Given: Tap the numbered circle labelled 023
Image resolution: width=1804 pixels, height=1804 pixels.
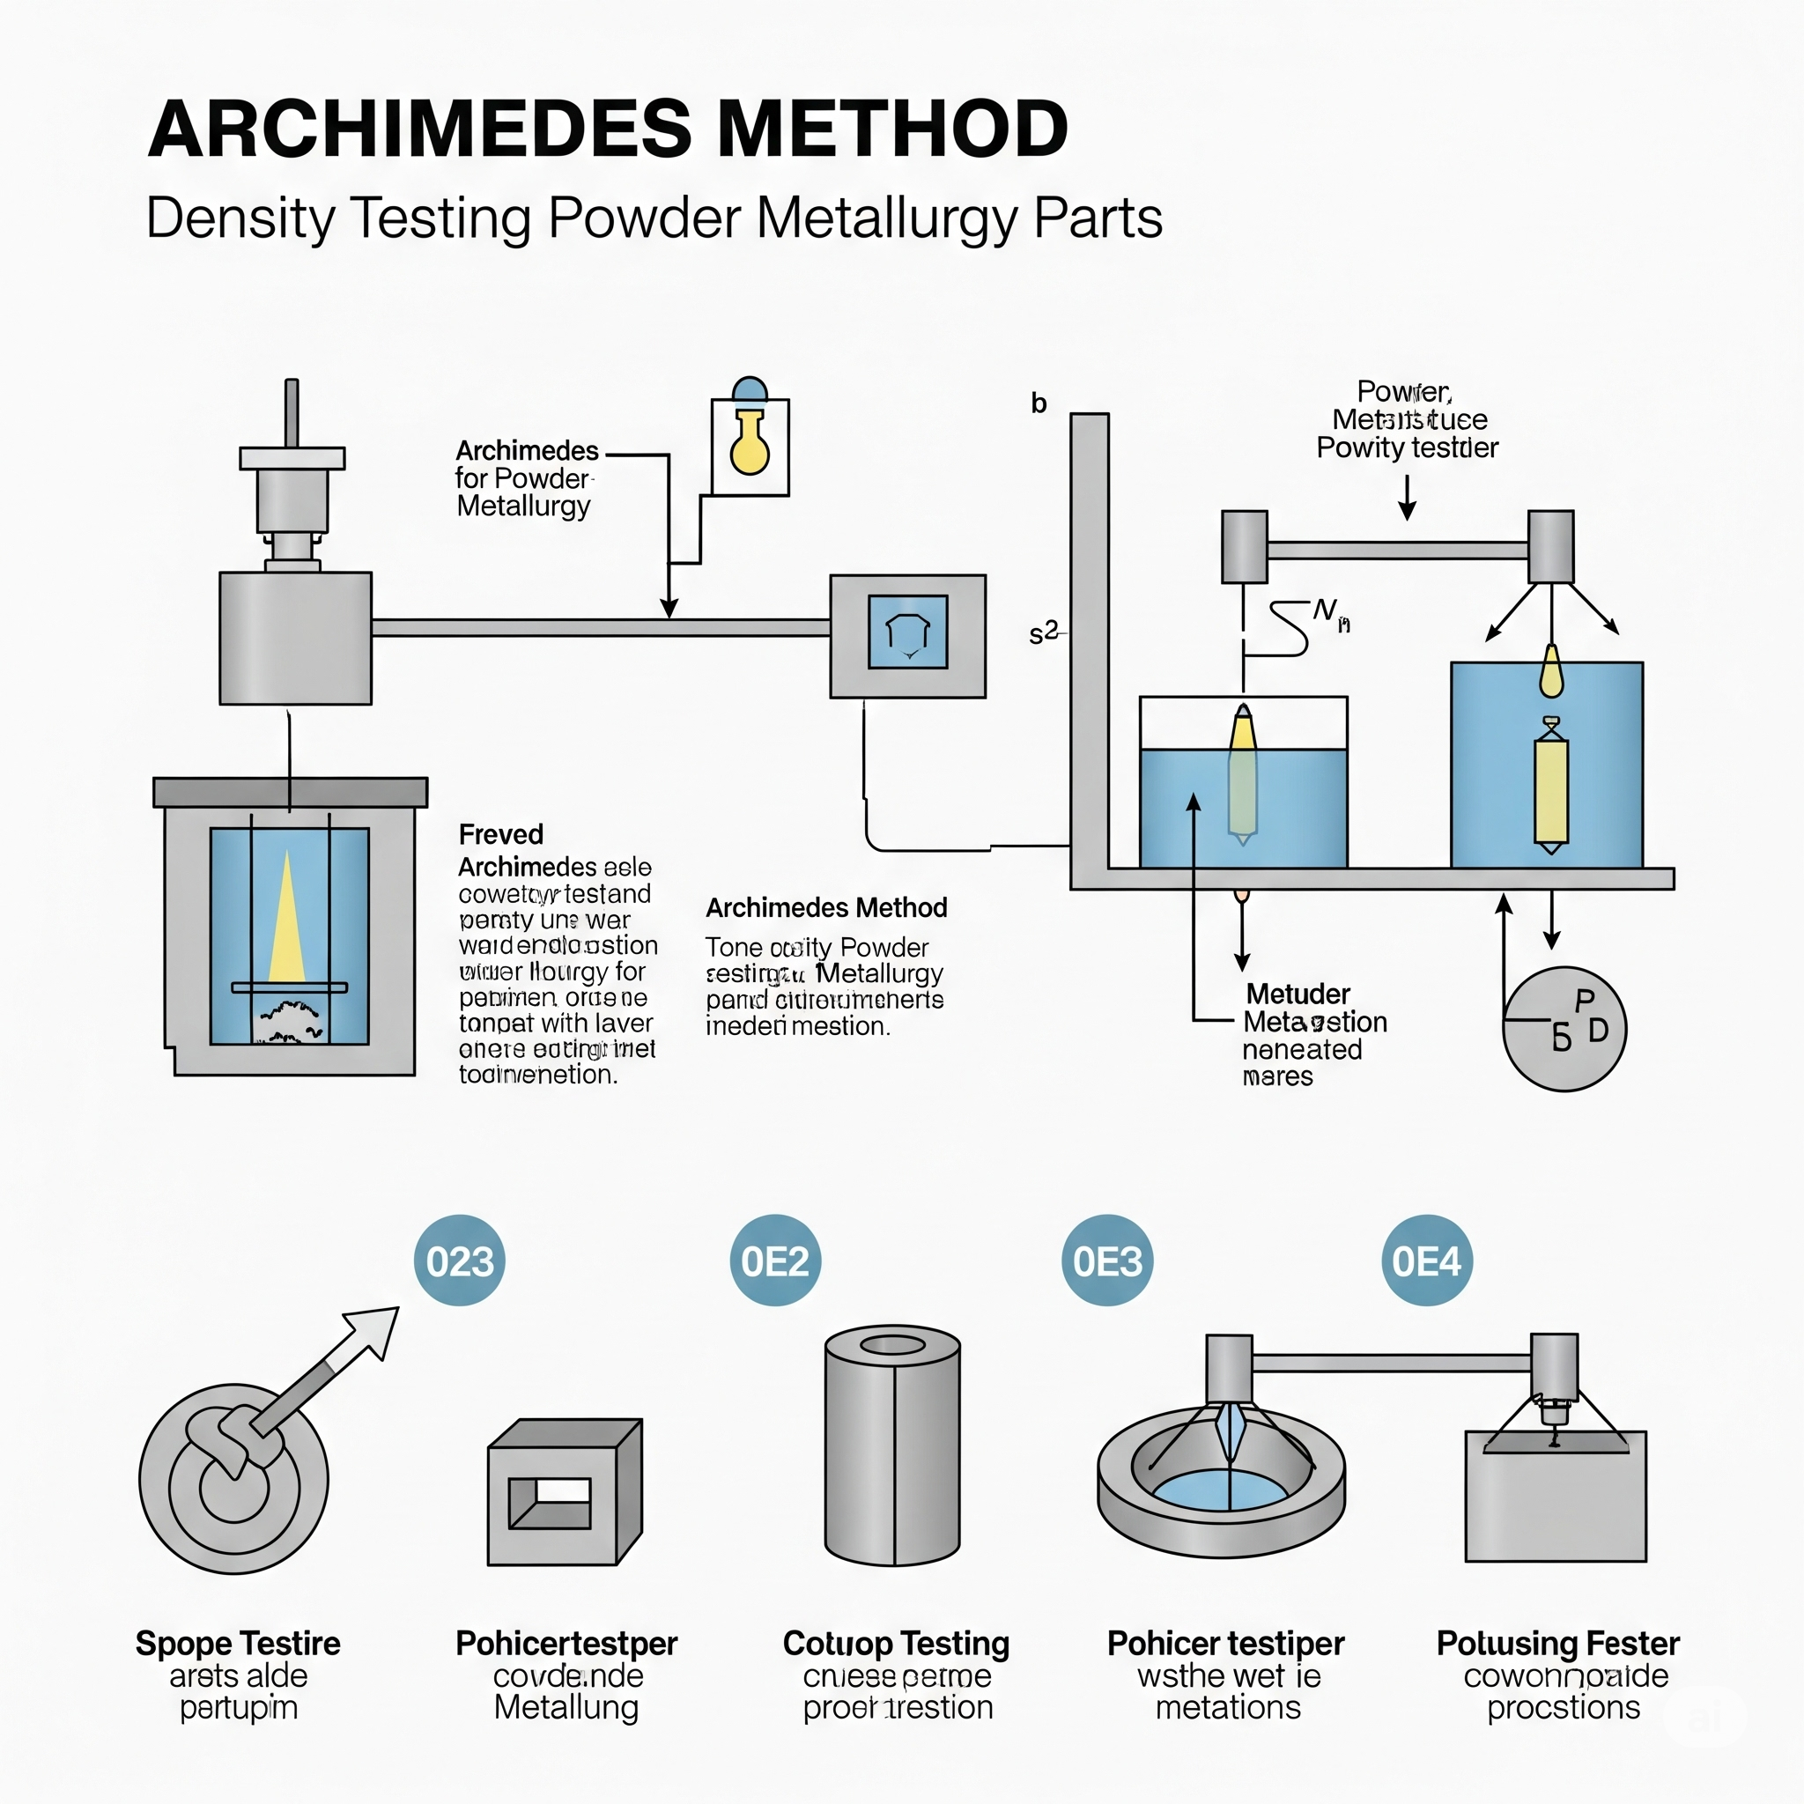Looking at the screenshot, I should [460, 1261].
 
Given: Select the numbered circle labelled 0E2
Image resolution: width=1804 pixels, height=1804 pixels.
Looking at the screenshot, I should [775, 1261].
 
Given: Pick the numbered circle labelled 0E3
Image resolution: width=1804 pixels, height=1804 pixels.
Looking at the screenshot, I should [1107, 1261].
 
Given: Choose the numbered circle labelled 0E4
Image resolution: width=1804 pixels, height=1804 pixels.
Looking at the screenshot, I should [1426, 1261].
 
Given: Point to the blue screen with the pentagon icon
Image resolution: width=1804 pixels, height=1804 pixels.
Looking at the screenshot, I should [907, 632].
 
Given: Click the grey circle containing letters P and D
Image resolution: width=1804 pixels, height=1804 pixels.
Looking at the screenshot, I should [1564, 1029].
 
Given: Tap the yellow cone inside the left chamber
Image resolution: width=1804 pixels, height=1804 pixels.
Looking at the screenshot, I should [286, 920].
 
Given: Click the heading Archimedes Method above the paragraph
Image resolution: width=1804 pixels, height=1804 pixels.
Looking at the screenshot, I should [826, 907].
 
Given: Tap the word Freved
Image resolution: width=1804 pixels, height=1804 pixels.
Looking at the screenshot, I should [500, 834].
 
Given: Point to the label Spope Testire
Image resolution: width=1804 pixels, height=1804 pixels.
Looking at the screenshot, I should [238, 1644].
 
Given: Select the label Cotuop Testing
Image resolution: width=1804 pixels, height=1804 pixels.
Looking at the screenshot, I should [896, 1644].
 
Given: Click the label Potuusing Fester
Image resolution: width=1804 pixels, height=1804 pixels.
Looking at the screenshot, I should [1557, 1644].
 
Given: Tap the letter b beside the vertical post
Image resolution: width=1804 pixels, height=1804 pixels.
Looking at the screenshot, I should [1039, 403].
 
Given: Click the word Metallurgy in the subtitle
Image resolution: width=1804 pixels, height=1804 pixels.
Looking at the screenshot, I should [888, 218].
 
